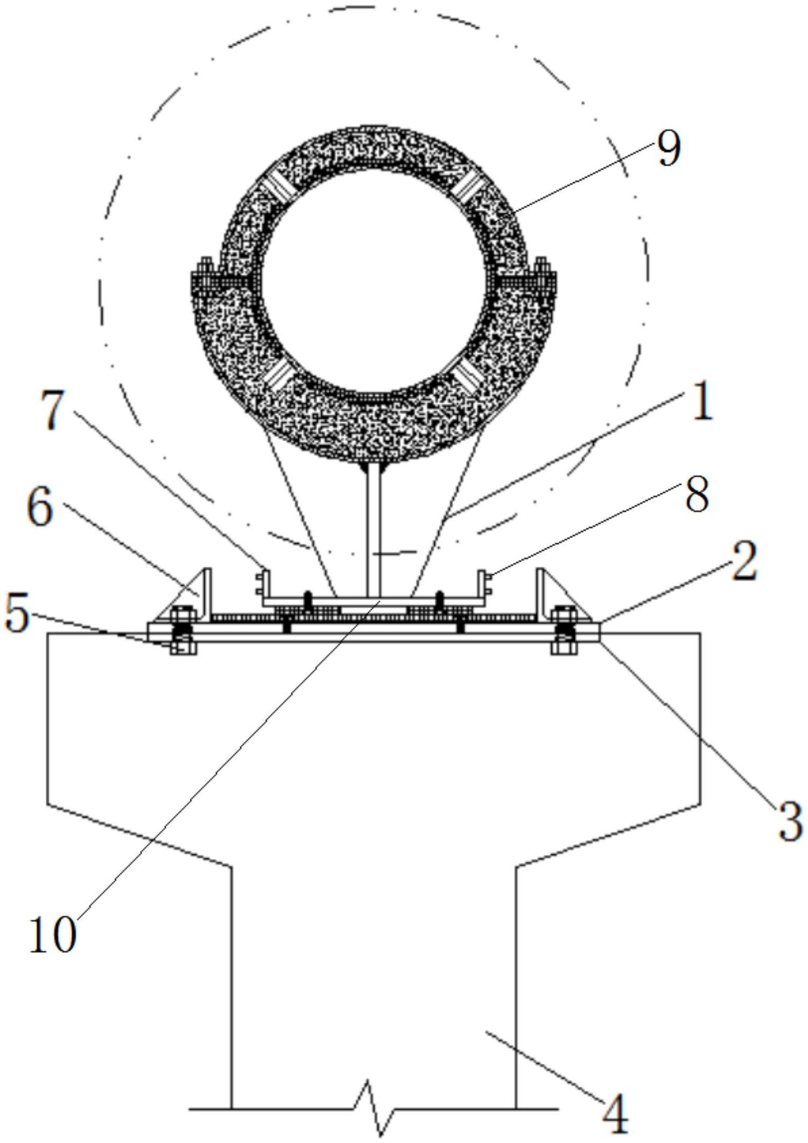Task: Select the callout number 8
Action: [x=697, y=495]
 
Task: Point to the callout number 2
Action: [x=744, y=560]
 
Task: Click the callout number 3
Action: [x=790, y=820]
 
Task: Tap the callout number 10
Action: [x=52, y=935]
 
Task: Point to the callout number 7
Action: [x=60, y=411]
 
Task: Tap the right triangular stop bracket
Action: [x=560, y=595]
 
